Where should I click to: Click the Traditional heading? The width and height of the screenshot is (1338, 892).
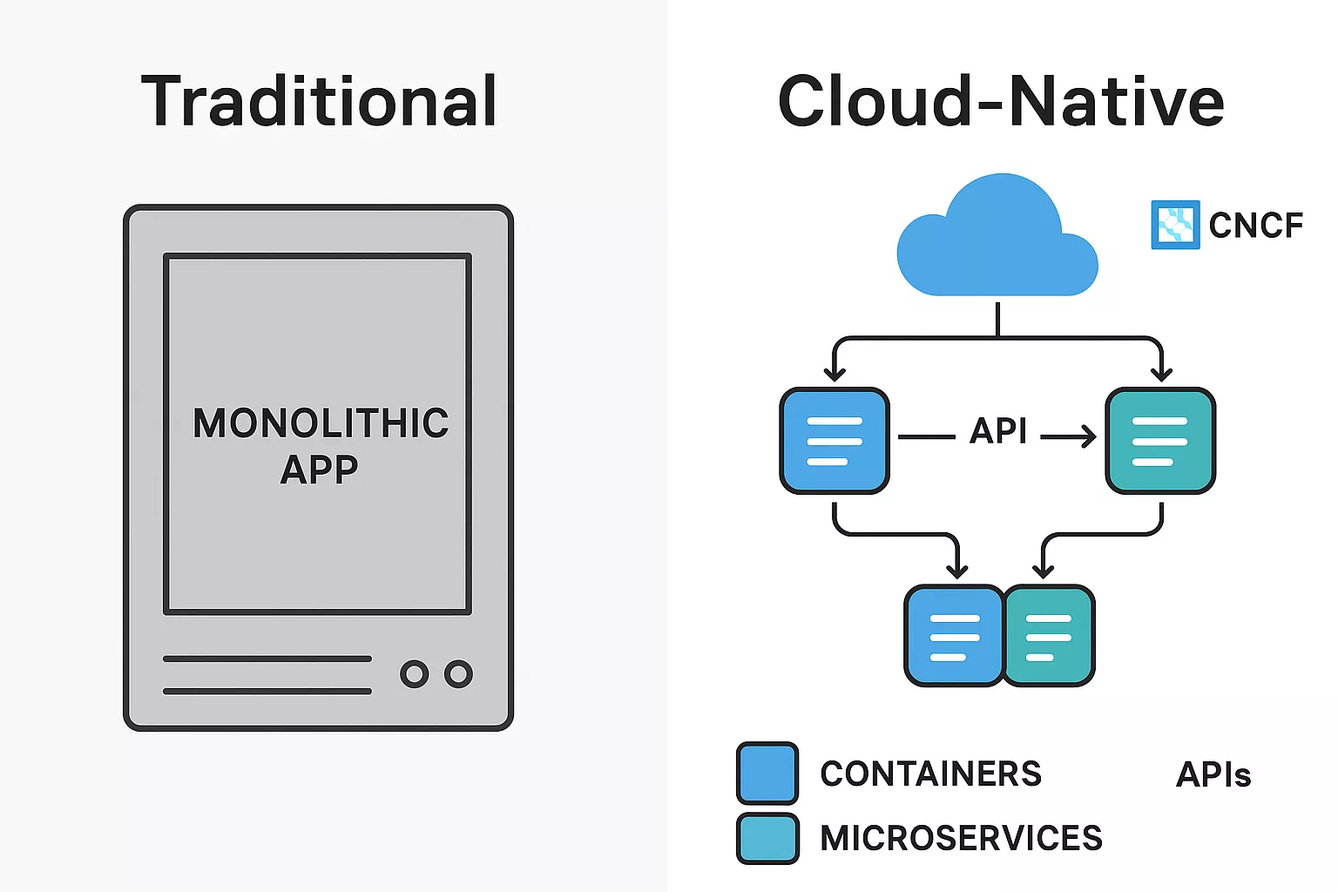pyautogui.click(x=319, y=102)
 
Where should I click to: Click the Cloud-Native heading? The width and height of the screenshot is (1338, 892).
pyautogui.click(x=1001, y=102)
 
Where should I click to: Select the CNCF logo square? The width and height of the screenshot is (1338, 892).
pyautogui.click(x=1175, y=225)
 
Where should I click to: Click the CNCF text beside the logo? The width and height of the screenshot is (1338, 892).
pyautogui.click(x=1255, y=226)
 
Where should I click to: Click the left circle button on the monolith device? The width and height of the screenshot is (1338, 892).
pyautogui.click(x=415, y=673)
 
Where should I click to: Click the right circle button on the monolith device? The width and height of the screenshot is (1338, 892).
pyautogui.click(x=458, y=673)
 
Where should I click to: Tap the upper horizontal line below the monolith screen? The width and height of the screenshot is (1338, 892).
pyautogui.click(x=267, y=659)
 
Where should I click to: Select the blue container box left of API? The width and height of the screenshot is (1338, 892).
pyautogui.click(x=835, y=441)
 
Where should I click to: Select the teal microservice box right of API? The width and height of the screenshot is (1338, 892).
pyautogui.click(x=1159, y=441)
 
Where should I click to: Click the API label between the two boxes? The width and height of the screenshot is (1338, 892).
pyautogui.click(x=998, y=431)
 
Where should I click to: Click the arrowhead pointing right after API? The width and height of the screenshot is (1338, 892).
pyautogui.click(x=1088, y=436)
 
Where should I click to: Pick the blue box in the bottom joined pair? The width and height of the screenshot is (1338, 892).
pyautogui.click(x=955, y=636)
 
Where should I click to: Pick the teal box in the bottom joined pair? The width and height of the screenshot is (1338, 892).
pyautogui.click(x=1050, y=636)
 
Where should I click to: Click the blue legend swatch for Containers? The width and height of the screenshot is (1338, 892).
pyautogui.click(x=767, y=773)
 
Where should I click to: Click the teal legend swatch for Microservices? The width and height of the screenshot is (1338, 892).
pyautogui.click(x=767, y=838)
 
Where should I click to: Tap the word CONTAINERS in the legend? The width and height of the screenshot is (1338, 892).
pyautogui.click(x=930, y=774)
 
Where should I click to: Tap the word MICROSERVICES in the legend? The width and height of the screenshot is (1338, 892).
pyautogui.click(x=961, y=838)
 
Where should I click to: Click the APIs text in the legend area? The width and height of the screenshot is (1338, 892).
pyautogui.click(x=1213, y=774)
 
